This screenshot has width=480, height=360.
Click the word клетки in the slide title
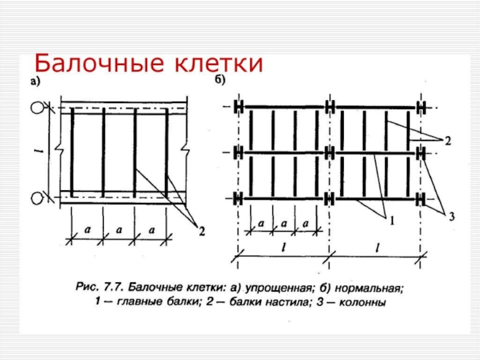click(x=218, y=64)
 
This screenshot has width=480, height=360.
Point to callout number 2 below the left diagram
click(x=201, y=230)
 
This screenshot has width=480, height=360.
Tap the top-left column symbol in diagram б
click(x=239, y=107)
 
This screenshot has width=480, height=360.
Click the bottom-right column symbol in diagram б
click(x=421, y=198)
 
